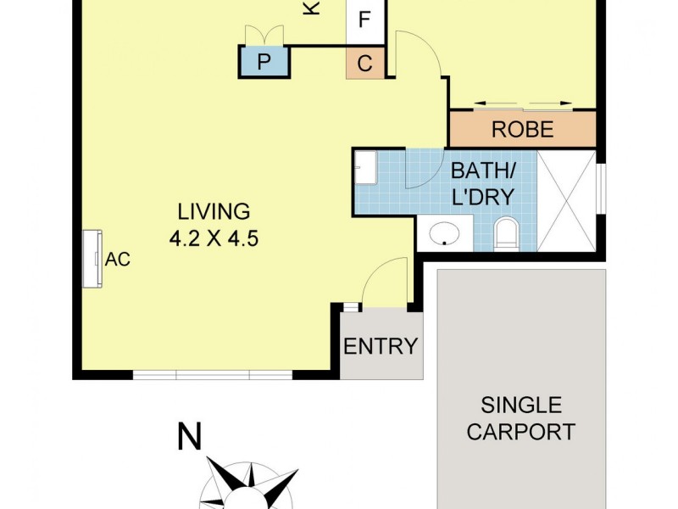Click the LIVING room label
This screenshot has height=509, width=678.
[x=214, y=210]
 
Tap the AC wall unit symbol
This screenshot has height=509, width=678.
[x=92, y=258]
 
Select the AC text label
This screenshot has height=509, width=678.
[x=118, y=260]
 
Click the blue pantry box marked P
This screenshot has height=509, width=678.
[x=264, y=62]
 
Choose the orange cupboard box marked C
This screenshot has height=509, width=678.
[x=365, y=64]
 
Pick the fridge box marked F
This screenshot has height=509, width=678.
[x=365, y=20]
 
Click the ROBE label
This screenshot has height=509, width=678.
[x=522, y=130]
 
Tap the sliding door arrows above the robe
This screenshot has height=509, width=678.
[x=522, y=104]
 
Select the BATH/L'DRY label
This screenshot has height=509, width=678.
[x=482, y=183]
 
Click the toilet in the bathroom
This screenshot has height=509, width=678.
[x=506, y=233]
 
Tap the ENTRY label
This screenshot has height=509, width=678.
[x=381, y=346]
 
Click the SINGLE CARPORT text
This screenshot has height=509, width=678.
[x=520, y=417]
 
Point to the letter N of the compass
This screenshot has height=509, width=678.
[x=190, y=438]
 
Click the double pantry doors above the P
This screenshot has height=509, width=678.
[x=264, y=35]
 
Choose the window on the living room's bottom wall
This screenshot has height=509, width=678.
[x=213, y=374]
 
